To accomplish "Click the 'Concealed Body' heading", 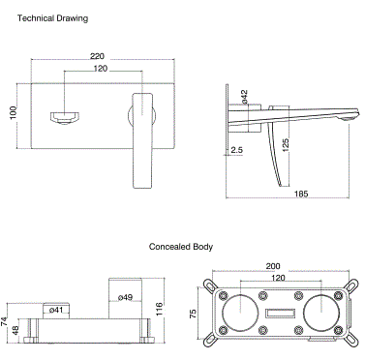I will coord(181,247).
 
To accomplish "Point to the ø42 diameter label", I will coord(244,98).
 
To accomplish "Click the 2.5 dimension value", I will coord(237,149).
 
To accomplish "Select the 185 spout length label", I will coord(301,195).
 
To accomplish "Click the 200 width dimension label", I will coord(273,264).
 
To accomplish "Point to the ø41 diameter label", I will coord(56,310).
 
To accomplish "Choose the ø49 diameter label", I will coord(125,297).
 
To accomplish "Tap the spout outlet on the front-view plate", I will coord(66,116).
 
